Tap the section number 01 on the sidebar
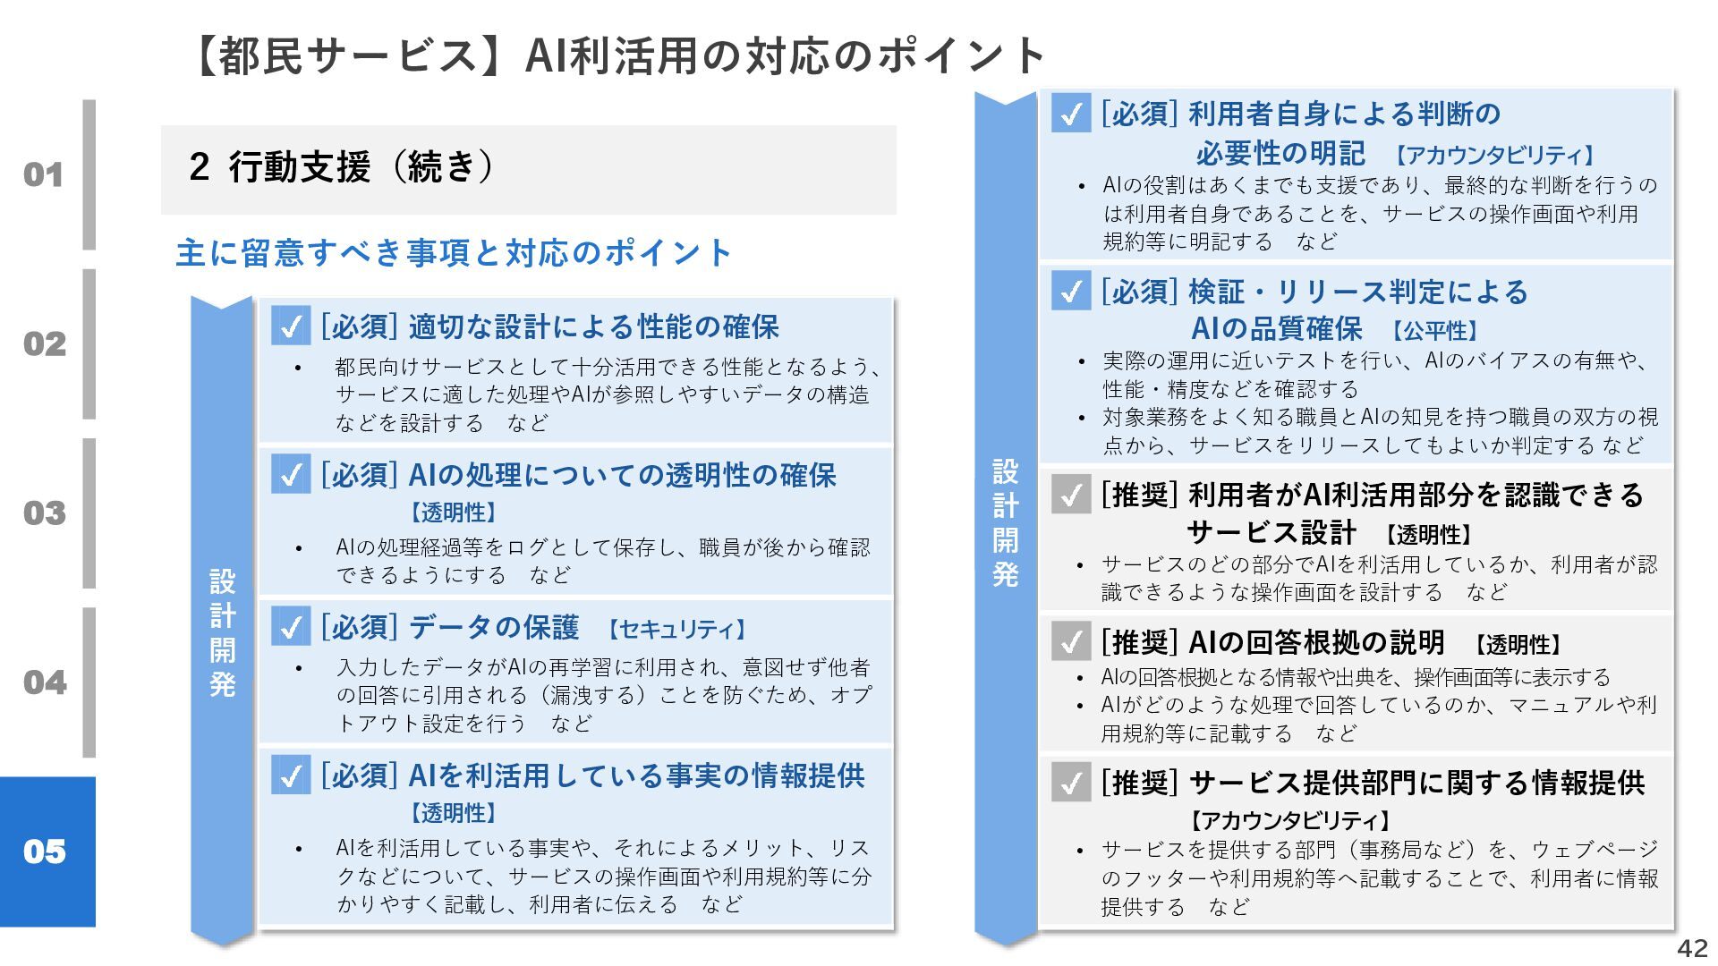[44, 174]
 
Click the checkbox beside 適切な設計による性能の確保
[291, 326]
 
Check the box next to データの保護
[291, 626]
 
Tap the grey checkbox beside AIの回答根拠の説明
[1071, 641]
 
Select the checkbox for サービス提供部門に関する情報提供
[1071, 783]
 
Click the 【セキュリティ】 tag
[677, 630]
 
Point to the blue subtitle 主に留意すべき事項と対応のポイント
[454, 253]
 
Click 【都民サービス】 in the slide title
[337, 55]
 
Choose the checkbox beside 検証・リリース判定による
[1071, 291]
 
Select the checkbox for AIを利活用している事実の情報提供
[291, 775]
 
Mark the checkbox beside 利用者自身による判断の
[1071, 114]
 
